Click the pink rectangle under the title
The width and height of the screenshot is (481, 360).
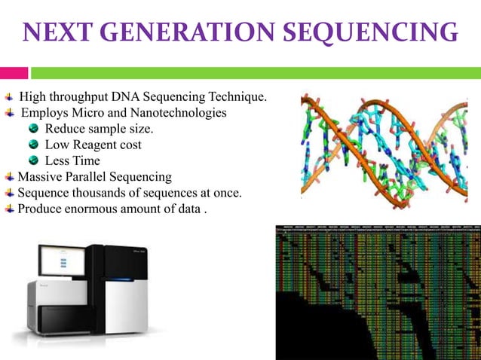click(14, 73)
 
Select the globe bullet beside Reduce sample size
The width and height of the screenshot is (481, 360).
click(34, 129)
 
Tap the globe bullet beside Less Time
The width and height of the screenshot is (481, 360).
click(34, 160)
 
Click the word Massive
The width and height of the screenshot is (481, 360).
click(41, 177)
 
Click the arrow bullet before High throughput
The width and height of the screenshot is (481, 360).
click(8, 97)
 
